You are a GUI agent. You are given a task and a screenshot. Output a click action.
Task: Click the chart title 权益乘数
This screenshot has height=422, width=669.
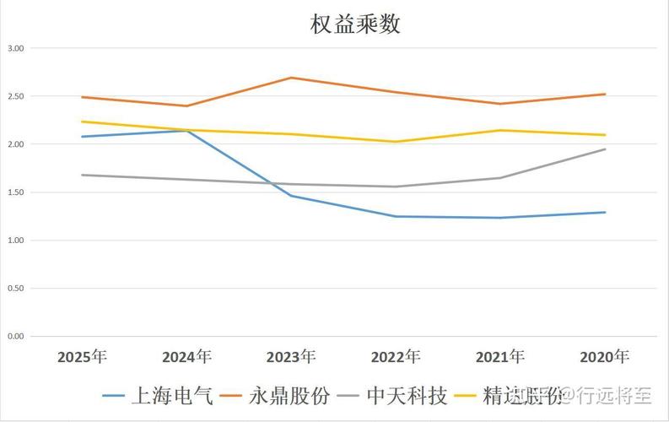tap(355, 24)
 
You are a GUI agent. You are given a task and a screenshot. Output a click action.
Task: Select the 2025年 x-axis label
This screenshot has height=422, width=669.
tap(82, 356)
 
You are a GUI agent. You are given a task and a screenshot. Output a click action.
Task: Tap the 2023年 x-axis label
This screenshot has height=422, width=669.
tap(291, 356)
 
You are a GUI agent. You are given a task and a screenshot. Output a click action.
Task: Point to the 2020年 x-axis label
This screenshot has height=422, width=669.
tap(605, 356)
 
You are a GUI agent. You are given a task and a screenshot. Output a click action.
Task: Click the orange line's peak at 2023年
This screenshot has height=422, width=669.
tap(291, 78)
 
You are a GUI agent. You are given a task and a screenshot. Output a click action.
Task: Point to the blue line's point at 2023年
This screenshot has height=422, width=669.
tap(291, 196)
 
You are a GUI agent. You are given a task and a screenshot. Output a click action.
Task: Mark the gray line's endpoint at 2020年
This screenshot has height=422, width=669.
tap(605, 149)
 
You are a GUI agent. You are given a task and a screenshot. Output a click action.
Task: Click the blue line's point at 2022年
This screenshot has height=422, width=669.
tap(396, 216)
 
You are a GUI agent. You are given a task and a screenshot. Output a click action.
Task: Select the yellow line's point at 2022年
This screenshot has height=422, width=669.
tap(396, 142)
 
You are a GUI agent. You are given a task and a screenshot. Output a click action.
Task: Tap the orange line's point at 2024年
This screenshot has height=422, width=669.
tap(186, 105)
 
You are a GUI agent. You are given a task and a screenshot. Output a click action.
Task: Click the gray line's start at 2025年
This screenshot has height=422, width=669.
tap(82, 175)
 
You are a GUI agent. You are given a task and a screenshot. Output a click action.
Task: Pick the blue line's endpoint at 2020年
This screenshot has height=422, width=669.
tap(605, 212)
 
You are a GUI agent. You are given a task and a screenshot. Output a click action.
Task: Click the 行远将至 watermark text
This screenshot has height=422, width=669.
tap(612, 395)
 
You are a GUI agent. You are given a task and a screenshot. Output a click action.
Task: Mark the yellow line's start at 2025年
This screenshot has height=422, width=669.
tap(82, 122)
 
